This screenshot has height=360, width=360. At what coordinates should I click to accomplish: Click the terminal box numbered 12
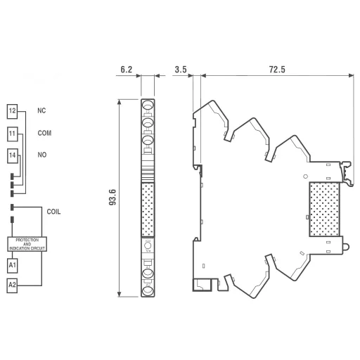pyautogui.click(x=12, y=111)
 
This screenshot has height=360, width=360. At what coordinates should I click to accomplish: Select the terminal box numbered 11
pyautogui.click(x=12, y=133)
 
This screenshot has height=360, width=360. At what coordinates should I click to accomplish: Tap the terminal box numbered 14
pyautogui.click(x=12, y=155)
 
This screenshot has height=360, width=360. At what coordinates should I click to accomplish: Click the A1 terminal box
pyautogui.click(x=12, y=265)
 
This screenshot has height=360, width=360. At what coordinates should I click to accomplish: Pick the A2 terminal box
pyautogui.click(x=12, y=285)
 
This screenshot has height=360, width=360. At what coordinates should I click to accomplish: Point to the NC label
pyautogui.click(x=41, y=111)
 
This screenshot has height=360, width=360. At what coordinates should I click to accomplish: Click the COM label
pyautogui.click(x=44, y=133)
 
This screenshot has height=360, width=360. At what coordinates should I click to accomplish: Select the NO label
pyautogui.click(x=41, y=155)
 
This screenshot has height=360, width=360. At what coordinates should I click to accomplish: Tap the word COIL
pyautogui.click(x=54, y=211)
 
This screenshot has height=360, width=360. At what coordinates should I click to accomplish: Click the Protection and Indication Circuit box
pyautogui.click(x=27, y=244)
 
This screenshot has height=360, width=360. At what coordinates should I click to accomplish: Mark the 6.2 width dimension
pyautogui.click(x=127, y=70)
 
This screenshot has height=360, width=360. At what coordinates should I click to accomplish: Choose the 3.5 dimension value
pyautogui.click(x=179, y=70)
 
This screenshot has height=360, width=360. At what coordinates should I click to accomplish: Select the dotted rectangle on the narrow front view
pyautogui.click(x=148, y=210)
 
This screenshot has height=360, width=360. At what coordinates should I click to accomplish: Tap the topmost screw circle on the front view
pyautogui.click(x=148, y=106)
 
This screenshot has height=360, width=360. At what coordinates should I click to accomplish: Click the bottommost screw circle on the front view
pyautogui.click(x=148, y=290)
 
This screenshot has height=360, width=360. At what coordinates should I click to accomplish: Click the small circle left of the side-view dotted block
pyautogui.click(x=304, y=175)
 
